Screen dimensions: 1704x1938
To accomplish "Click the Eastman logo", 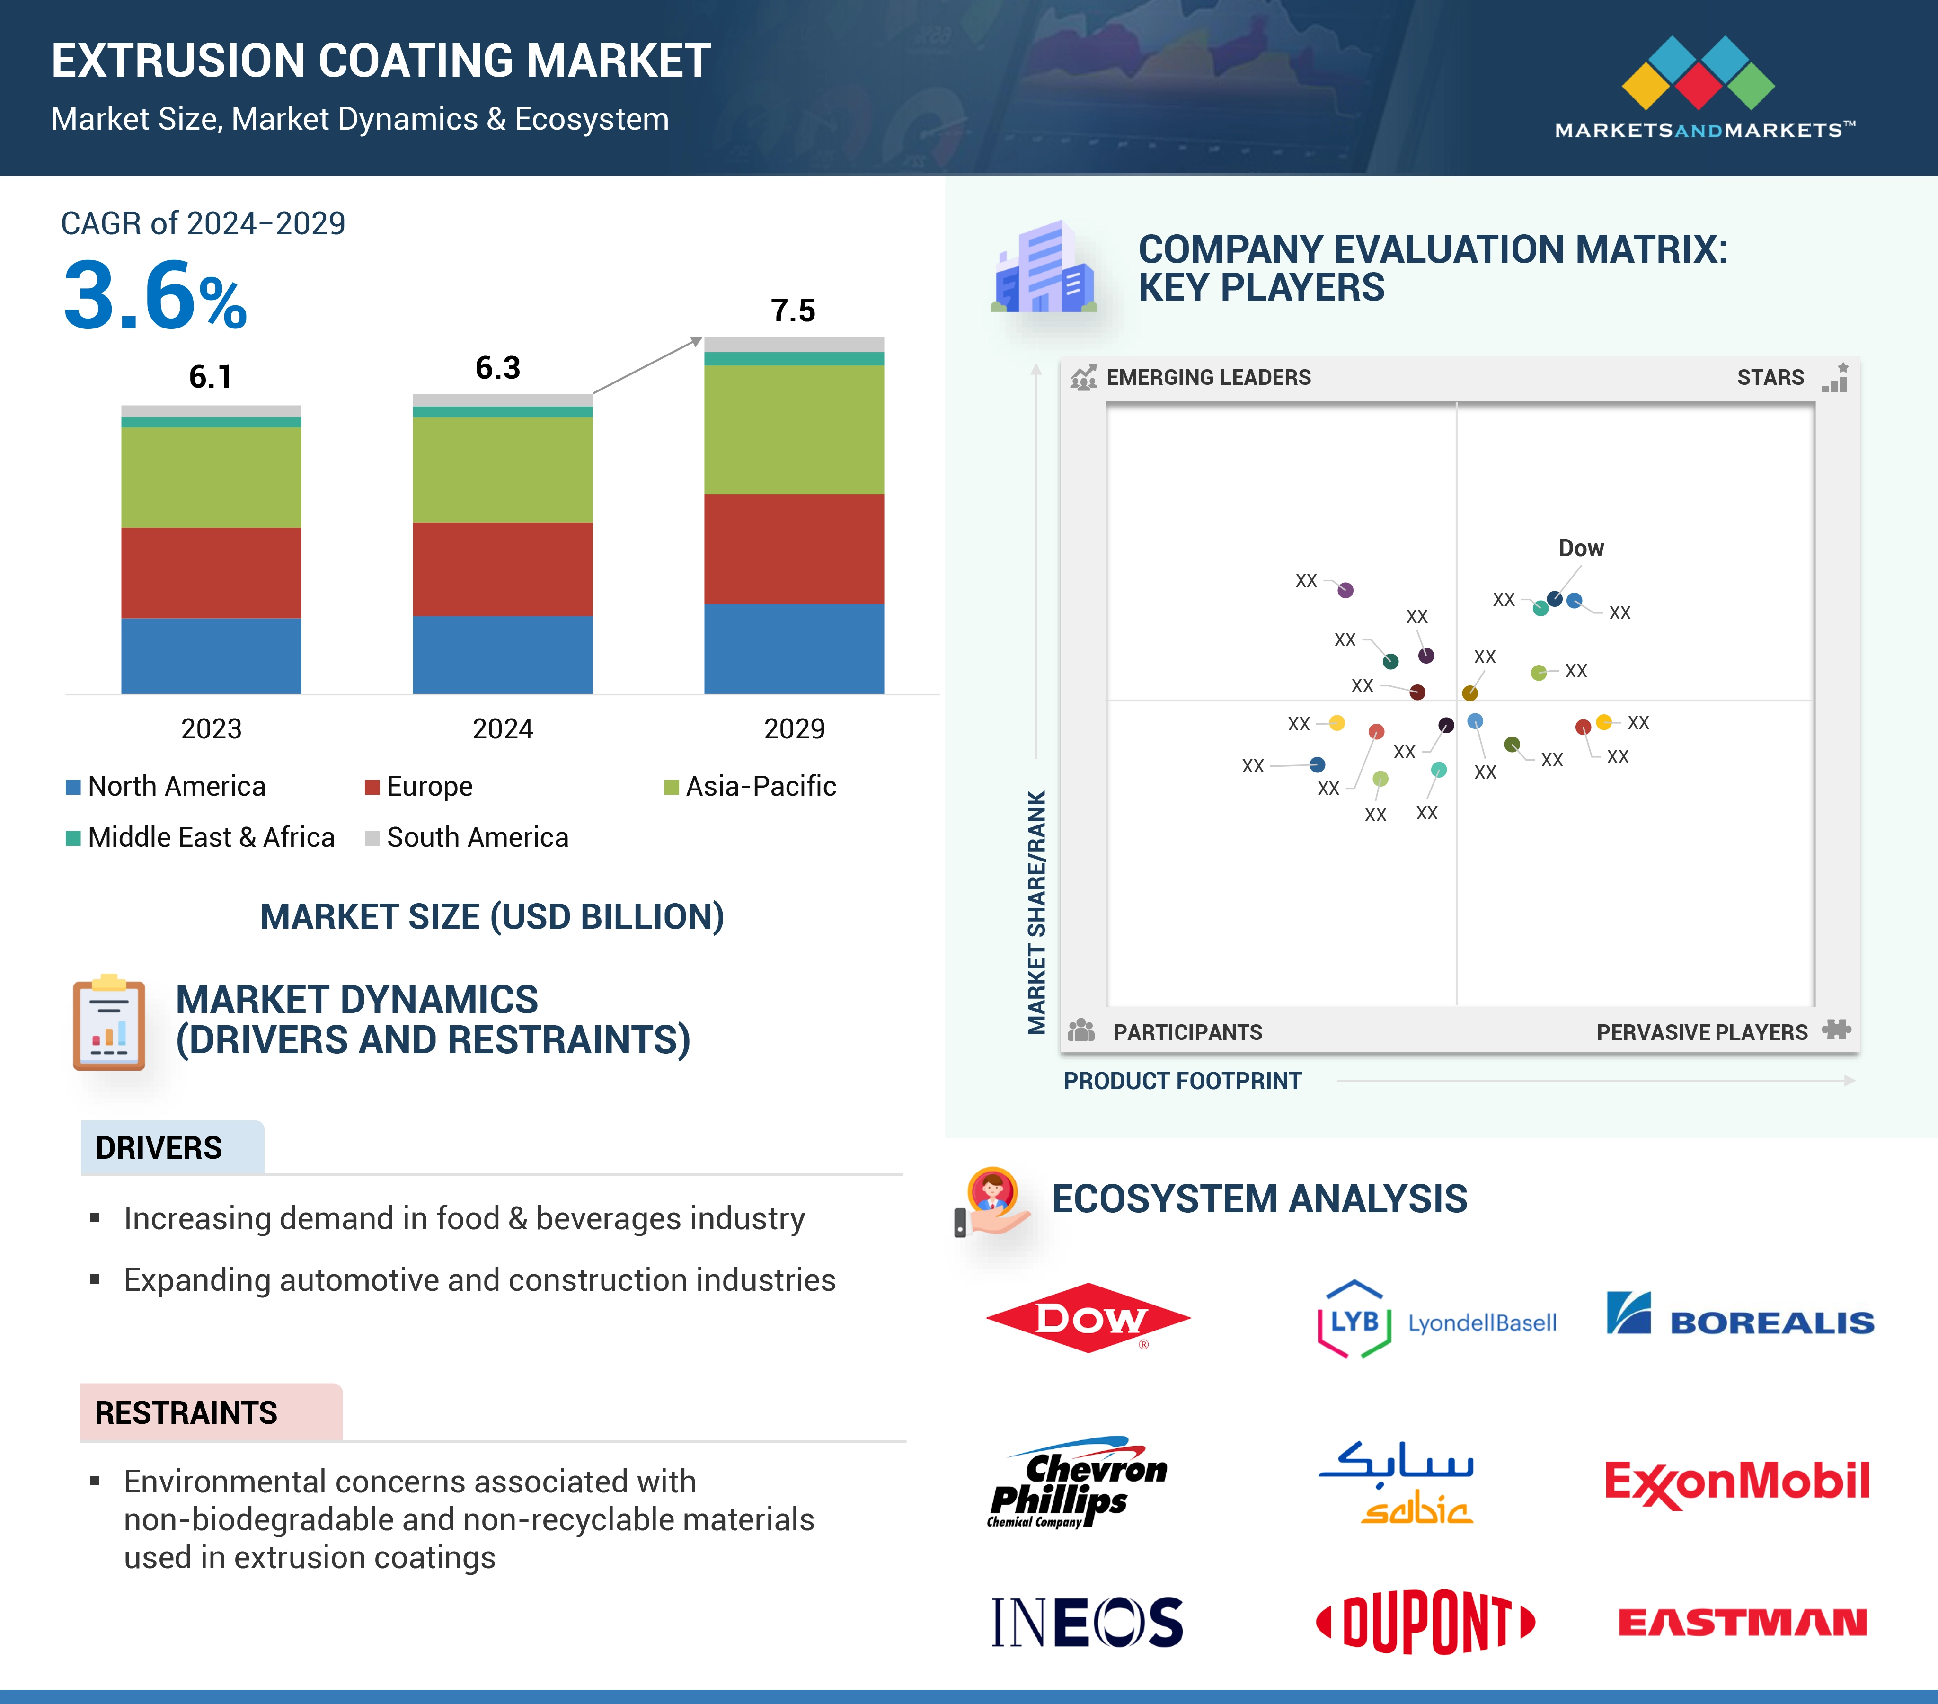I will [1742, 1623].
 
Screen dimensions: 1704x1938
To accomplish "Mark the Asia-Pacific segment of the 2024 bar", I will [503, 470].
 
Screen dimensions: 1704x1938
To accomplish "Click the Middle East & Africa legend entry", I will [201, 837].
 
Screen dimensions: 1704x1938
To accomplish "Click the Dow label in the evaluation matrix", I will [1581, 548].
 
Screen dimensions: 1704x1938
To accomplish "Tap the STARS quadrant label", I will [1769, 377].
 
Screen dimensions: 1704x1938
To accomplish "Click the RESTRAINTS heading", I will [186, 1413].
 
